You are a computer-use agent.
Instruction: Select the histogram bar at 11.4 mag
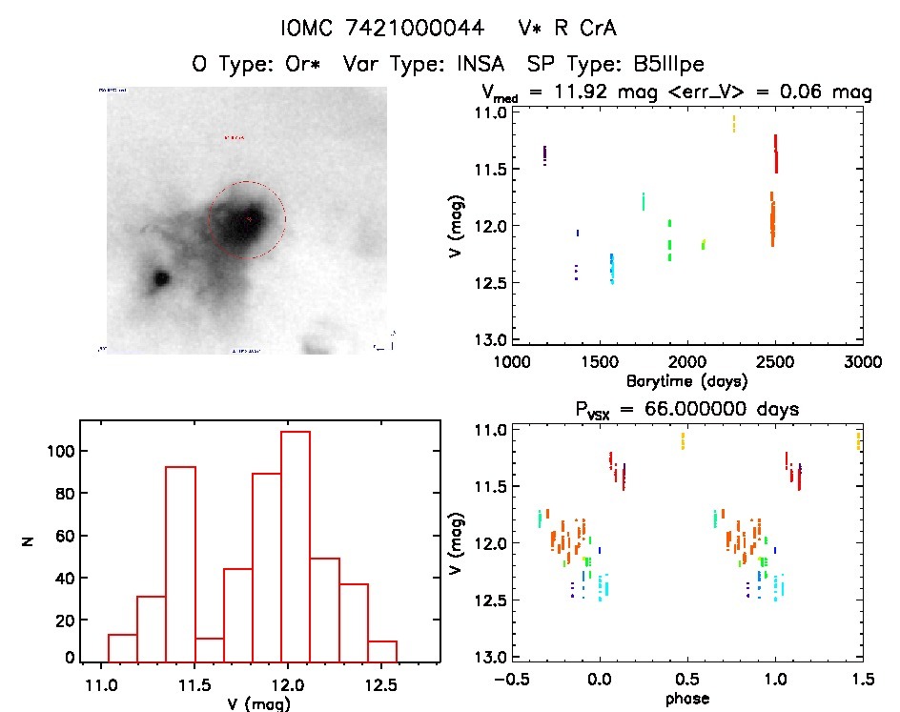click(x=180, y=563)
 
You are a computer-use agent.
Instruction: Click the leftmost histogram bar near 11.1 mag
click(x=122, y=647)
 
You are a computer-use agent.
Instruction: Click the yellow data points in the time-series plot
click(x=734, y=123)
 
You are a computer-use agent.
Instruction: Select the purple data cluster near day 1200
click(x=544, y=155)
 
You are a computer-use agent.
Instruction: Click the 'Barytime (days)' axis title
click(x=686, y=381)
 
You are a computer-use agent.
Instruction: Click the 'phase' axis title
click(x=686, y=699)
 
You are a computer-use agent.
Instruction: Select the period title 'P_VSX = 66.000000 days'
click(x=686, y=408)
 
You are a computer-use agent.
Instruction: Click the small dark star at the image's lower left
click(x=160, y=278)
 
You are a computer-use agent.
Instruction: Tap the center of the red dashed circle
click(x=246, y=220)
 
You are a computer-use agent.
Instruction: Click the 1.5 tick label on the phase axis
click(x=861, y=679)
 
